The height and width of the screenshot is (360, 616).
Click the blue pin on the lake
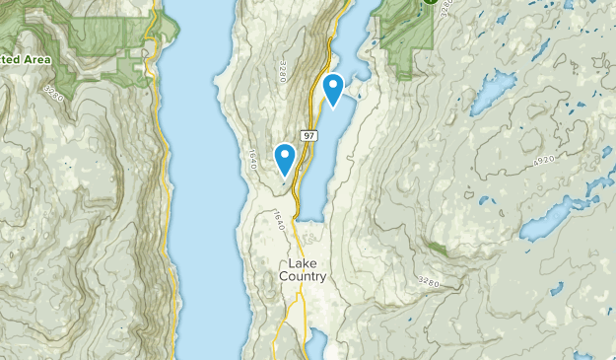(x=333, y=89)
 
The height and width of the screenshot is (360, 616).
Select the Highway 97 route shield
(x=310, y=134)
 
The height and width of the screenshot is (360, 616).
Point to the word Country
(x=303, y=277)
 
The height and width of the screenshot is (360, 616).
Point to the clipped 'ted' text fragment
(x=10, y=59)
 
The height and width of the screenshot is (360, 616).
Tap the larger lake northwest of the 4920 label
(x=494, y=91)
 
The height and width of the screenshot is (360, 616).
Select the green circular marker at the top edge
(x=431, y=3)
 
